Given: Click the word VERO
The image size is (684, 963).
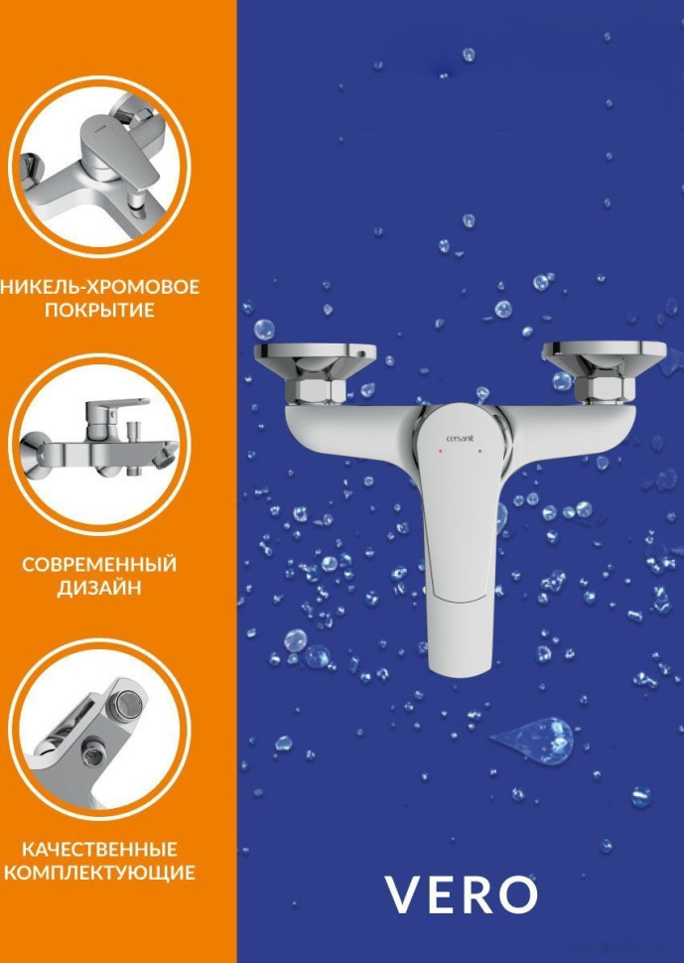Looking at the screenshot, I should (x=461, y=894).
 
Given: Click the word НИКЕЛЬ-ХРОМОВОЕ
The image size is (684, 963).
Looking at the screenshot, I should (x=100, y=287).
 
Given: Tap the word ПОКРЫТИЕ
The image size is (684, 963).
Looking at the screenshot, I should (x=99, y=311).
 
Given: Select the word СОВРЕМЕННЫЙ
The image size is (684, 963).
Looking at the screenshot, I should (x=99, y=565).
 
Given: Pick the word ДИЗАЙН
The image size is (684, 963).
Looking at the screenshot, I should (x=99, y=589).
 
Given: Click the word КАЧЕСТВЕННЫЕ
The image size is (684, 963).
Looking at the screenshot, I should (x=99, y=850).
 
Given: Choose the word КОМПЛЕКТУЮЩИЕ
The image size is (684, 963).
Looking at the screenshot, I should (x=99, y=874).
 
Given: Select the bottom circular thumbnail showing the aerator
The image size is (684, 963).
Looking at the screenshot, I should (x=100, y=725).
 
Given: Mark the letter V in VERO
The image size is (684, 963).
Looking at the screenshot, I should (x=404, y=894).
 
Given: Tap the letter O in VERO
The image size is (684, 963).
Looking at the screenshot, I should (x=516, y=894).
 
